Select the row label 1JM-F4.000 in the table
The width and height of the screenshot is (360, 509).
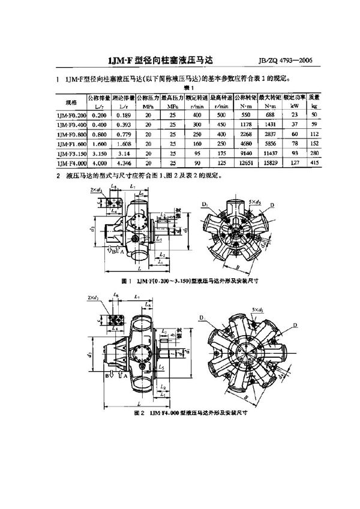tap(71, 163)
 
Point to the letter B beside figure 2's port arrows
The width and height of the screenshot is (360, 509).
tap(108, 375)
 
